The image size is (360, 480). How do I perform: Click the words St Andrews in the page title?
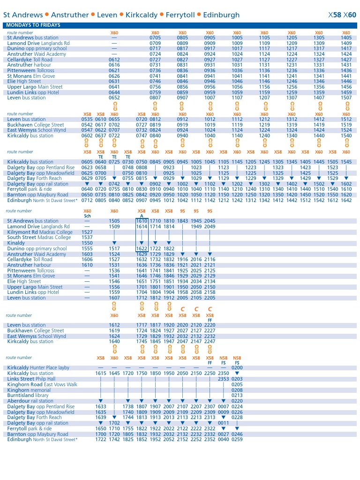pos(23,15)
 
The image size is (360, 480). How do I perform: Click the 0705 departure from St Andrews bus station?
pos(155,38)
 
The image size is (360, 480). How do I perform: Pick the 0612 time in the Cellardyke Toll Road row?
pos(114,60)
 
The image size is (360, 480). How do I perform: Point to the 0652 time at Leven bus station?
pos(114,98)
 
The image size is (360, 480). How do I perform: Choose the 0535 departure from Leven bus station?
pos(87,120)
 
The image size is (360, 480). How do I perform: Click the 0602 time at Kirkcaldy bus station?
pos(87,136)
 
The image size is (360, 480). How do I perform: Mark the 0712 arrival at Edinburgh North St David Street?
pos(87,200)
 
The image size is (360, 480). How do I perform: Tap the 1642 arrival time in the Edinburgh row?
pos(346,200)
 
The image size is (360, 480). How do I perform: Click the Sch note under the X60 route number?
pos(87,216)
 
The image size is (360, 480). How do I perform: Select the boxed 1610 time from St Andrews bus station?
pos(142,221)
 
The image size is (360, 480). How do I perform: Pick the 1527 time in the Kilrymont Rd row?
pos(87,232)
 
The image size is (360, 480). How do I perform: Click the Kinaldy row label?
pos(16,243)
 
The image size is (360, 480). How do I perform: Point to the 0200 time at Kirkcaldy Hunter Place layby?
pos(237,368)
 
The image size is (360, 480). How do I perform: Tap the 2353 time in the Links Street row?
pos(224,379)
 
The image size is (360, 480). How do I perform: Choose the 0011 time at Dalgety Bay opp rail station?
pos(224,423)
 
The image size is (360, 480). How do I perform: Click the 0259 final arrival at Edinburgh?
pos(237,440)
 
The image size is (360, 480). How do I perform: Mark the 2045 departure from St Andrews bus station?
pos(210,221)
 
